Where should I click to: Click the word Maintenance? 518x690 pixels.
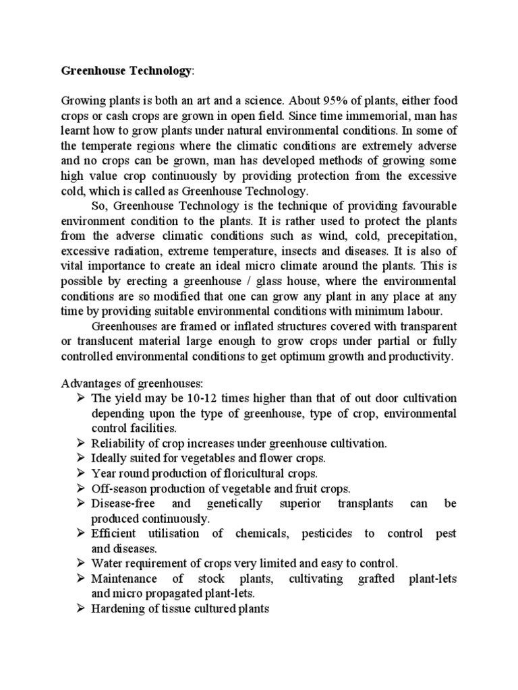pos(124,579)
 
